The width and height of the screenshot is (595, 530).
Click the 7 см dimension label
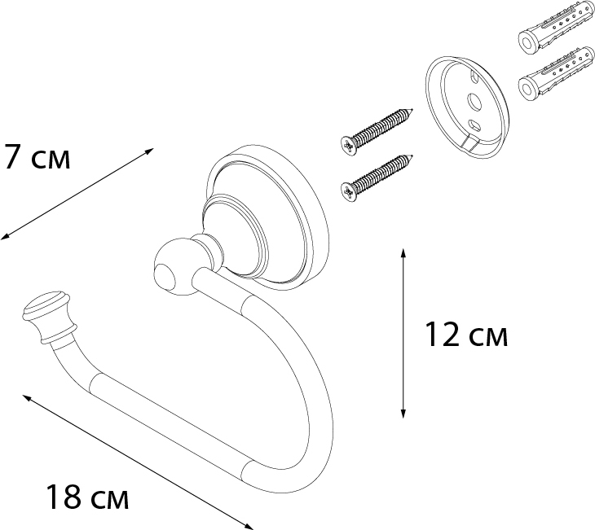click(x=37, y=156)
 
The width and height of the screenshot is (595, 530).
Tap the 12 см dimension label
click(x=466, y=335)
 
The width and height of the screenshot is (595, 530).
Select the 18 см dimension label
click(x=86, y=497)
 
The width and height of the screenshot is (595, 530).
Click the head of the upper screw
click(x=347, y=143)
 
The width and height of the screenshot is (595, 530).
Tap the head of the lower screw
click(x=347, y=190)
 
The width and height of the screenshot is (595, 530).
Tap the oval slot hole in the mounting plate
click(x=474, y=125)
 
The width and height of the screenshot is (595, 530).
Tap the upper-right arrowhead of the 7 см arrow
click(x=150, y=151)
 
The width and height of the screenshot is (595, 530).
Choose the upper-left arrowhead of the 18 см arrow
click(x=26, y=397)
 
